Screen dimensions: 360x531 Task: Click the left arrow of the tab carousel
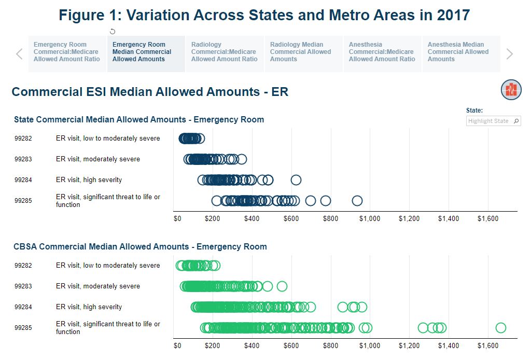click(19, 54)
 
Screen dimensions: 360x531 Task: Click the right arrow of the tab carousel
click(509, 54)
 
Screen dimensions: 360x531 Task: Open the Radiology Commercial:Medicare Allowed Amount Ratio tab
click(224, 52)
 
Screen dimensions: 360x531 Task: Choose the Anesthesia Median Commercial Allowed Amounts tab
click(458, 52)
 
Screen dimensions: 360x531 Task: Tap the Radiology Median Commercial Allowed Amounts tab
click(300, 52)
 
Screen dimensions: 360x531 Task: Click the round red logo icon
click(511, 90)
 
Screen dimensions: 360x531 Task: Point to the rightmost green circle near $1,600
click(500, 328)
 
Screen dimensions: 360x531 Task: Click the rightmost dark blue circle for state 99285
click(357, 201)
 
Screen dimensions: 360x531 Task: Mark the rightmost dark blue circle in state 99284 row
click(296, 180)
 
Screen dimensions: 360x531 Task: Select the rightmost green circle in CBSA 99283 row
click(282, 286)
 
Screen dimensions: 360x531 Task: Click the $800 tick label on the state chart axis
click(330, 219)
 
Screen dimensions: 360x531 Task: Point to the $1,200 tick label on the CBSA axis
click(409, 346)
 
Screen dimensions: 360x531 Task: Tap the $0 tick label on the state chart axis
click(177, 219)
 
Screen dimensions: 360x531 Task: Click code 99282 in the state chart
click(23, 139)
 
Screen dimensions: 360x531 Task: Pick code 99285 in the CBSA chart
click(23, 328)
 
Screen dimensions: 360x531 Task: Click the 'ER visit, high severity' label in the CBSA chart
click(89, 307)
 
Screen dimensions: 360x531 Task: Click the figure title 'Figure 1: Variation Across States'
click(264, 15)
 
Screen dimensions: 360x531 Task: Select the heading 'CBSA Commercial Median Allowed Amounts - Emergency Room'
click(140, 246)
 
